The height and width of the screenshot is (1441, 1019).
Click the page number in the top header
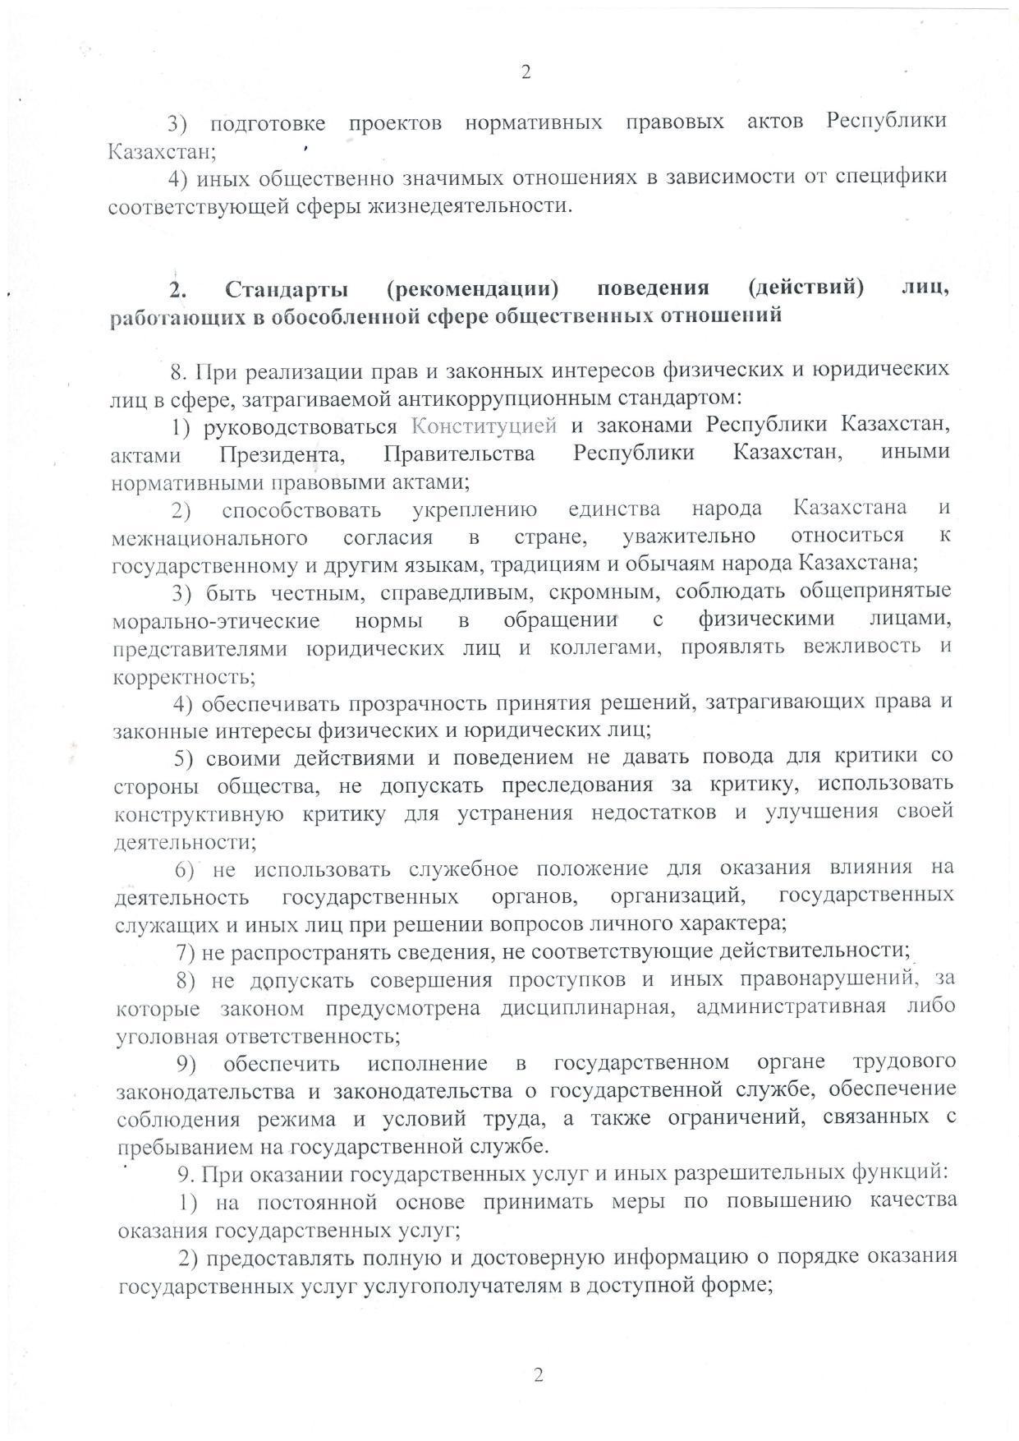coord(526,72)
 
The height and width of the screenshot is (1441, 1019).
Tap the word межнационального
coord(209,537)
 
